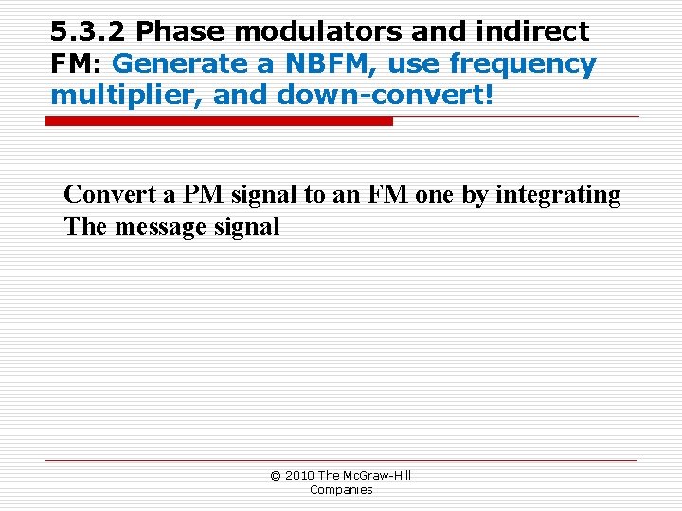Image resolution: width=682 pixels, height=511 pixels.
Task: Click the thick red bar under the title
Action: (x=219, y=121)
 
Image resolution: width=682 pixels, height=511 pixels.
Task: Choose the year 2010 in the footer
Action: (x=299, y=475)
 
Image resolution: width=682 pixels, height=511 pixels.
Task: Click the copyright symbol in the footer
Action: (x=276, y=475)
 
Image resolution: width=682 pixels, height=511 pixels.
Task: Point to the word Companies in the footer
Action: (x=341, y=489)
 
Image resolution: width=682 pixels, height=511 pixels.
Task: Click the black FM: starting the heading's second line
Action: (x=78, y=64)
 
